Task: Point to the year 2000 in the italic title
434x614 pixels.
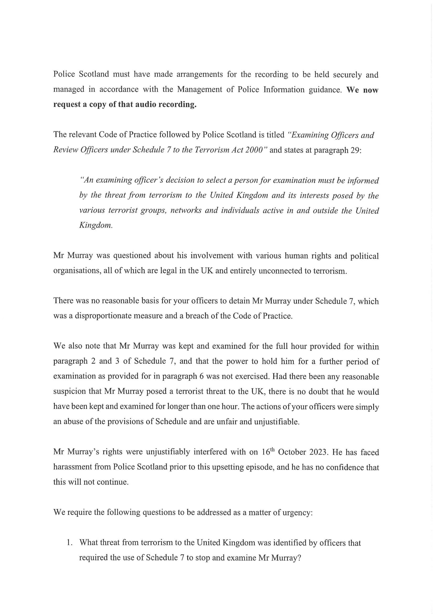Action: [256, 150]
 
